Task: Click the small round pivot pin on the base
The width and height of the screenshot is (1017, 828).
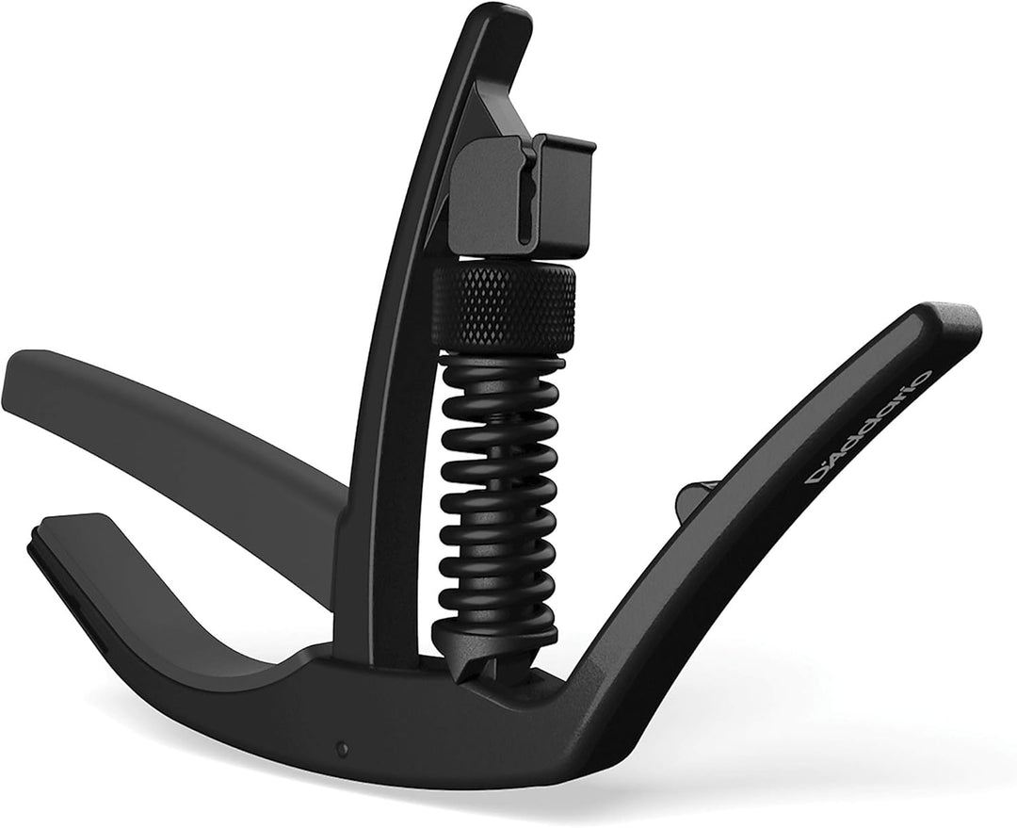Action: point(341,749)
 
